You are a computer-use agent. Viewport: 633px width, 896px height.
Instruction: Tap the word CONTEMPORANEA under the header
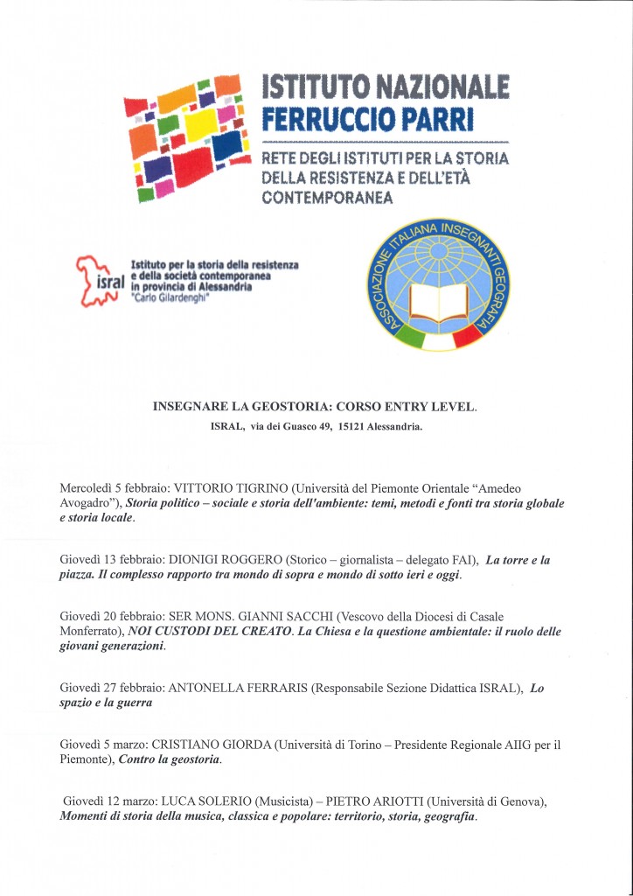pos(328,198)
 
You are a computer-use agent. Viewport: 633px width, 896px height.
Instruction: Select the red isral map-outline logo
pos(93,279)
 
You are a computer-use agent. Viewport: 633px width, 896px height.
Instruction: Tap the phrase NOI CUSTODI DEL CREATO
pos(210,632)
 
